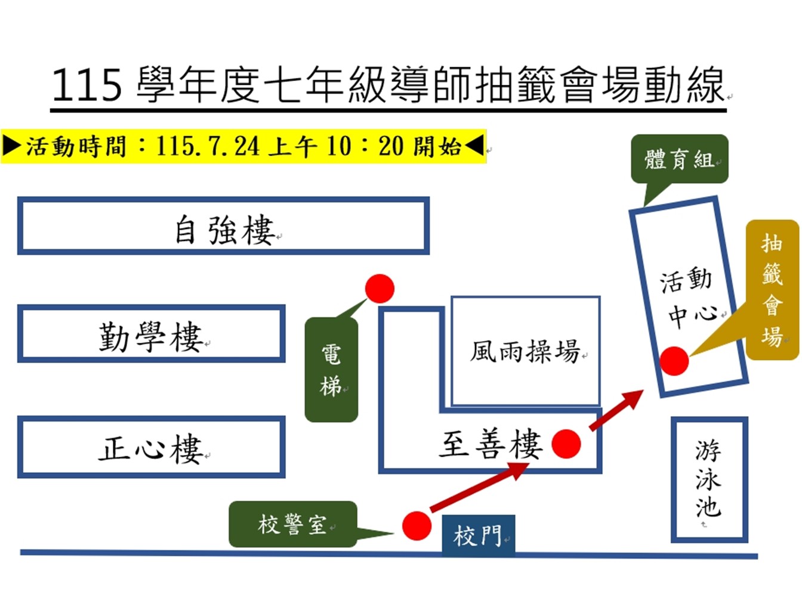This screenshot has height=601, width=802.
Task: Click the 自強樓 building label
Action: click(225, 230)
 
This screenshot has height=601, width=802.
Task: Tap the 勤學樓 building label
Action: click(151, 337)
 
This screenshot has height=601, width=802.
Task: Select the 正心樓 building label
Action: click(151, 448)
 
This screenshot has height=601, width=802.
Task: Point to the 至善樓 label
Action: click(491, 444)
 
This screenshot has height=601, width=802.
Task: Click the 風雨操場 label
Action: click(525, 351)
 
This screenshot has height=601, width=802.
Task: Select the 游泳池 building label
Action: click(708, 479)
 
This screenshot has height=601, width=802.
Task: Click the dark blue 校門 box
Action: click(479, 535)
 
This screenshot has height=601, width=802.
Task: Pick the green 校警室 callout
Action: click(292, 524)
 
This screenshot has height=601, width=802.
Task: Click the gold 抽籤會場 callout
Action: click(772, 290)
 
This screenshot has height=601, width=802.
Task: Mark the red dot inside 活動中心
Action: click(674, 361)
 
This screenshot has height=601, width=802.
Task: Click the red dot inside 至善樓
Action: click(566, 444)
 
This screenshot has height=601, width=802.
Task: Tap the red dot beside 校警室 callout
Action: click(417, 526)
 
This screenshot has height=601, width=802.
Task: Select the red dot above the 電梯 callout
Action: click(380, 289)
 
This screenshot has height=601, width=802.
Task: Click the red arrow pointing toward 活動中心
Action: click(616, 410)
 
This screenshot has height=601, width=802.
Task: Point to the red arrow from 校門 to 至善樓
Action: click(479, 487)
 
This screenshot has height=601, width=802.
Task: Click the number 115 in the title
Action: click(87, 86)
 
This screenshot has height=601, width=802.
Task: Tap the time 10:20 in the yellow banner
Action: click(366, 147)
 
